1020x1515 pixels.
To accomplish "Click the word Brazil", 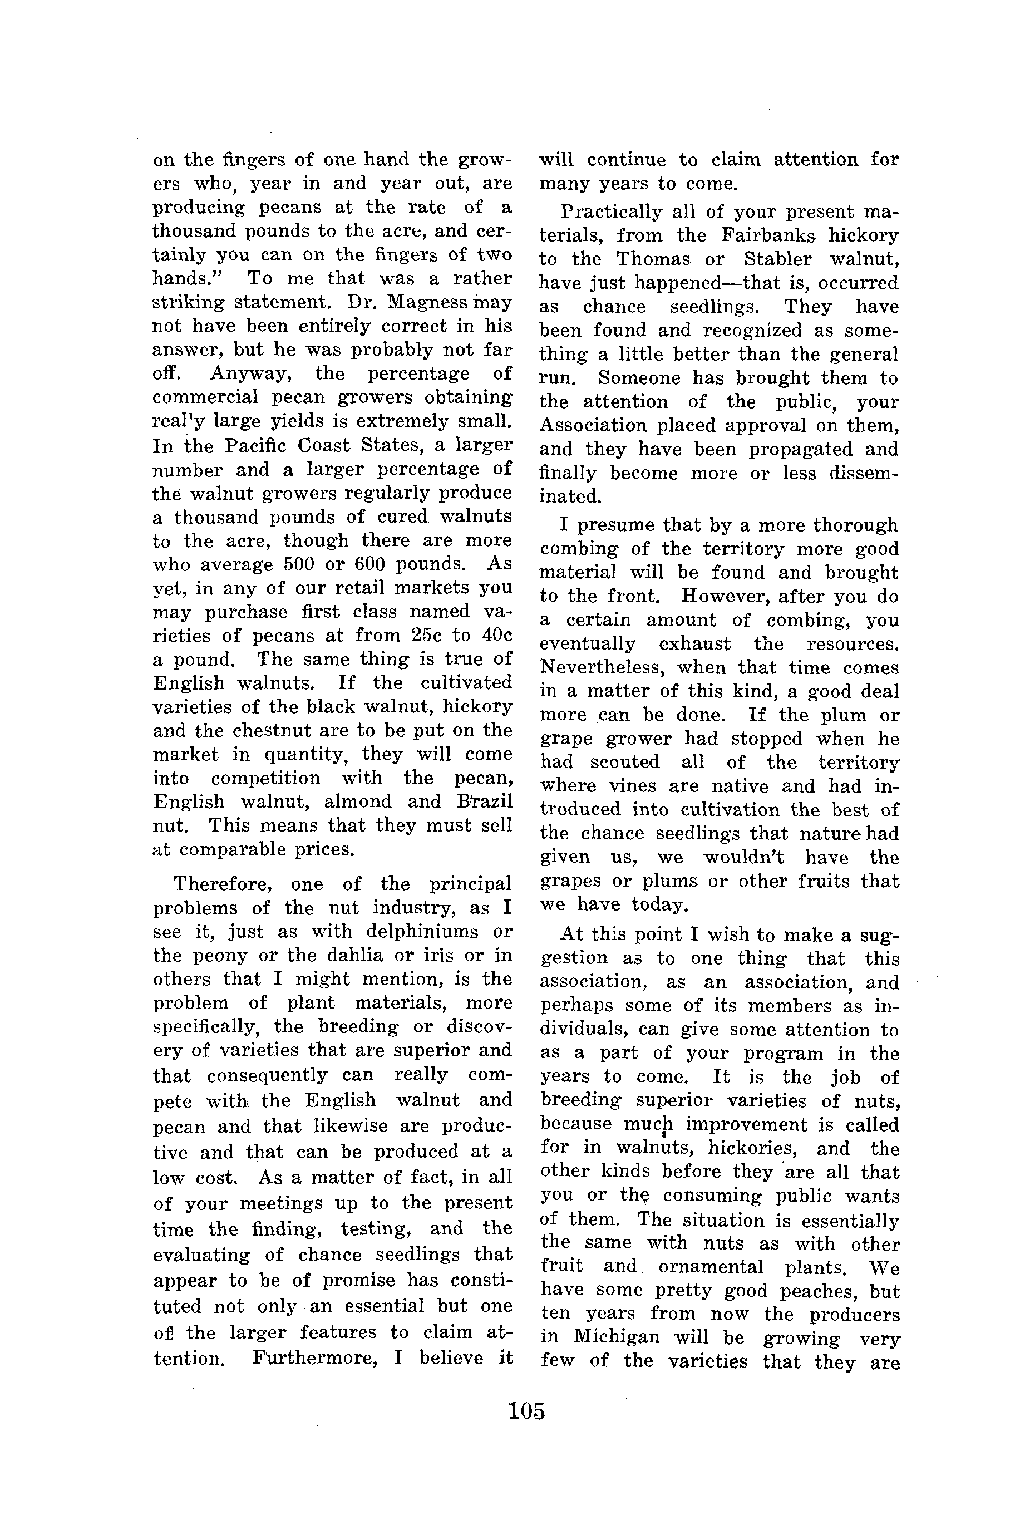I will (x=485, y=801).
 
